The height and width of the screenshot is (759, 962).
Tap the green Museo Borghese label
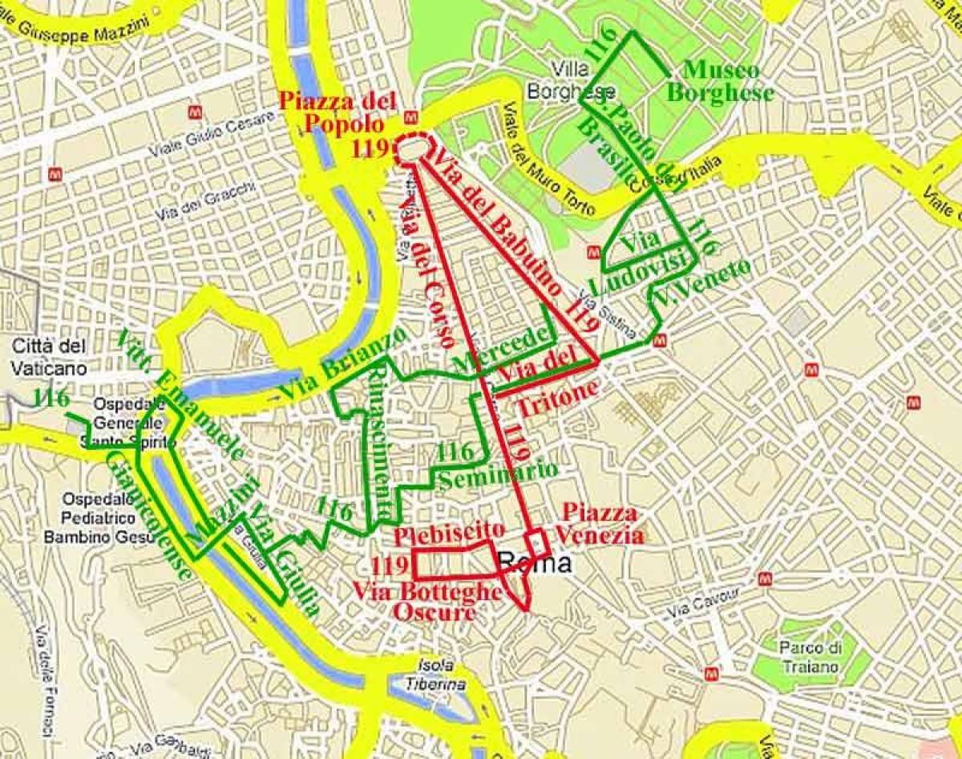point(719,81)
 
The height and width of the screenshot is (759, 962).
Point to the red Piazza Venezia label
point(600,524)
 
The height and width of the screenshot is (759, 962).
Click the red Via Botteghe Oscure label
point(427,603)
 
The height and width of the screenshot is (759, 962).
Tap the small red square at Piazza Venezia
point(537,544)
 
